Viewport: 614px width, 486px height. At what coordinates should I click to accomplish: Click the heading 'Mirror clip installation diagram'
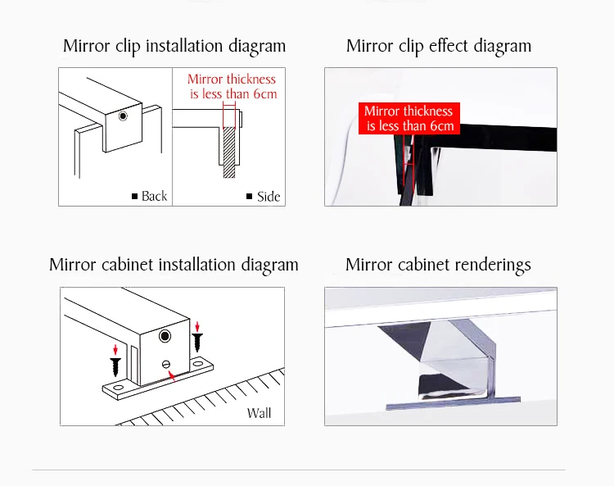[174, 46]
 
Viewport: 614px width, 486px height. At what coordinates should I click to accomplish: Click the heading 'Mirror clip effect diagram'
[439, 46]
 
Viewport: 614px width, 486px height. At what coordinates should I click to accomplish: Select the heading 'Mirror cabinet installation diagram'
[174, 265]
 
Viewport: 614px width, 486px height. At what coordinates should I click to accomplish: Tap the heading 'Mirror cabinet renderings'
[438, 265]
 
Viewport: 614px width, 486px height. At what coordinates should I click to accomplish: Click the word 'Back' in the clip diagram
[154, 196]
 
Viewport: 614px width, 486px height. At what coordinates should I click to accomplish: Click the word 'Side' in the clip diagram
[269, 197]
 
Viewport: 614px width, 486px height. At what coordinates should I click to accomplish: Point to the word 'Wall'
[259, 413]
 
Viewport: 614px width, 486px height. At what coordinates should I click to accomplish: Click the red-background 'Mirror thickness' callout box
[409, 118]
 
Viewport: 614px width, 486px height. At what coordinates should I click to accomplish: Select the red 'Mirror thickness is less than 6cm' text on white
[232, 86]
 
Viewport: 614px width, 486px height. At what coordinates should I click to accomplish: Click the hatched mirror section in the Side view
[229, 152]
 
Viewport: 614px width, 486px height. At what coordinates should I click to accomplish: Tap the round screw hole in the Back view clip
[123, 116]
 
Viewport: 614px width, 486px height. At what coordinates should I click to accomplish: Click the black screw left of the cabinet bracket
[115, 366]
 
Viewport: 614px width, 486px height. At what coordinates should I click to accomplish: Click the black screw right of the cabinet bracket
[197, 342]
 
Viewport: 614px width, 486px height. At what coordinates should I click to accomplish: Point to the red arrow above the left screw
[115, 350]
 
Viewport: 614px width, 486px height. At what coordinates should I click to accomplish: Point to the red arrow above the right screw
[197, 326]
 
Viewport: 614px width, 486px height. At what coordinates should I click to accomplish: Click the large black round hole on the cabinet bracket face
[165, 336]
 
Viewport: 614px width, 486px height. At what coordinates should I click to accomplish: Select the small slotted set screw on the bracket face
[166, 365]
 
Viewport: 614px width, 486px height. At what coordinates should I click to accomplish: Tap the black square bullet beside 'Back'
[135, 196]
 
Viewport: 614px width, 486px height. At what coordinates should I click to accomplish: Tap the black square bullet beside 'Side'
[250, 196]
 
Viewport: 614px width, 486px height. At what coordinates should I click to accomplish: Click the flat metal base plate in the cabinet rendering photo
[453, 403]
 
